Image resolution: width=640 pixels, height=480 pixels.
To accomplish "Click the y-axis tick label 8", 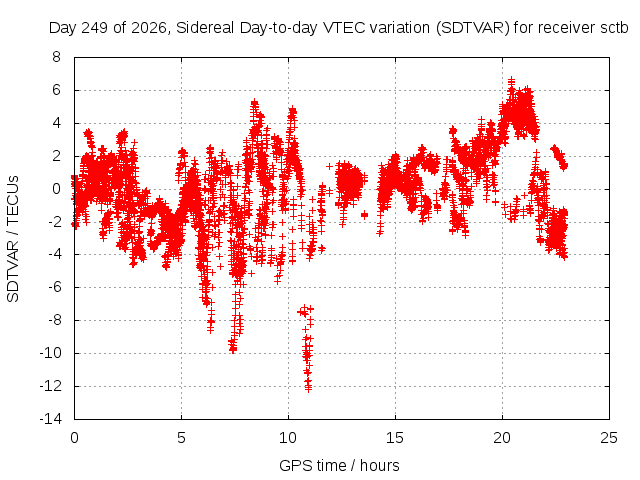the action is point(56,57).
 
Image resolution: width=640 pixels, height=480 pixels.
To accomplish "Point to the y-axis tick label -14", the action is point(51,419).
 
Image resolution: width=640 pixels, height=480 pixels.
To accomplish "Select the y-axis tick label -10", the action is point(51,353).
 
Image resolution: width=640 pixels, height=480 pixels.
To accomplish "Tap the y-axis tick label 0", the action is point(56,189).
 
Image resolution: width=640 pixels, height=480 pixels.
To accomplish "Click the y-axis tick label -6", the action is point(53,287).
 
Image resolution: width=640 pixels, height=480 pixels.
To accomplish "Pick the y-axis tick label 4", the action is point(56,123).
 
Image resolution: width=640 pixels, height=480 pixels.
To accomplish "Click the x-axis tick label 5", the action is point(181,438).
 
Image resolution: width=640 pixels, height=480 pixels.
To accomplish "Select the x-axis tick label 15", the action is point(395,438).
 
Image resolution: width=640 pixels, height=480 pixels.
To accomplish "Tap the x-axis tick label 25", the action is point(609,438).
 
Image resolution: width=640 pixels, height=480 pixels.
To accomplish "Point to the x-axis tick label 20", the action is point(502,438).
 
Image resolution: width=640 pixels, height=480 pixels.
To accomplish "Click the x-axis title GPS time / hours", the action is point(339,465).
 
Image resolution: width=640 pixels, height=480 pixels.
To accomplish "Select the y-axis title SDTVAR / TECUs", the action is point(13,239).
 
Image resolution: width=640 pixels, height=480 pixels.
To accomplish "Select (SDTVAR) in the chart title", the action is point(472,28).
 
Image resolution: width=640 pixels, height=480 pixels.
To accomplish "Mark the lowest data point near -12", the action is point(309,388).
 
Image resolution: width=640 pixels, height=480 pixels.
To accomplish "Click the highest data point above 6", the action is point(511,80).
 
